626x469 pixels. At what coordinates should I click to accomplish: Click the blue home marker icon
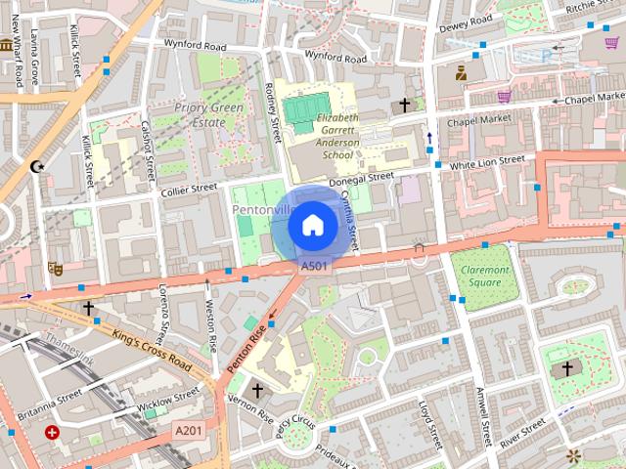(312, 226)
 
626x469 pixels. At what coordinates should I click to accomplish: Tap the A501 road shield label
(314, 266)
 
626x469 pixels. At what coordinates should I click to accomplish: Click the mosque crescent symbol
(38, 167)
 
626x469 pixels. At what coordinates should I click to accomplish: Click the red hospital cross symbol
(52, 432)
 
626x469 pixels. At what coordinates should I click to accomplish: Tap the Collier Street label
(189, 189)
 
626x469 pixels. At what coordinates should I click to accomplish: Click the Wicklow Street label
(167, 401)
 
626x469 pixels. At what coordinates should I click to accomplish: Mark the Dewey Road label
(464, 22)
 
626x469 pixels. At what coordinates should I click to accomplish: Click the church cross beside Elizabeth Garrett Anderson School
(404, 104)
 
